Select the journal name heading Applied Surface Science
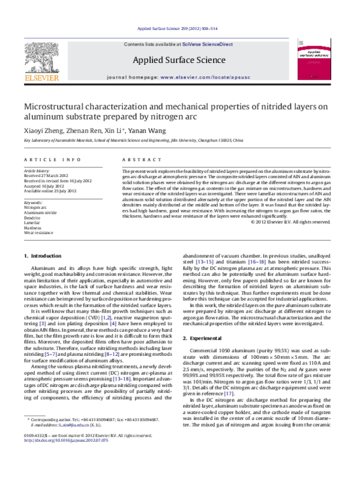pos(180,60)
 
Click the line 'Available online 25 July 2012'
pos(50,191)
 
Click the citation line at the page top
pos(180,29)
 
